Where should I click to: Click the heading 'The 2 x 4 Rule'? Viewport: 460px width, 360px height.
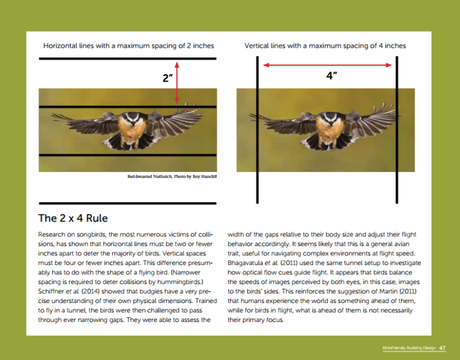73,219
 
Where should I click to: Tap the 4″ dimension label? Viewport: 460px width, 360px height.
331,75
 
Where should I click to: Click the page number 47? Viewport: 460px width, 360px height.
442,348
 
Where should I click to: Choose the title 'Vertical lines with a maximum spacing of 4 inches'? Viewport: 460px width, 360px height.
325,45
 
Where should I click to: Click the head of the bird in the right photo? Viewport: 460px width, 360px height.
331,118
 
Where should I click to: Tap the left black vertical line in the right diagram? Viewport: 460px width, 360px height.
257,129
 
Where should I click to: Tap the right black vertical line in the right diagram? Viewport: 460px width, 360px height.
396,129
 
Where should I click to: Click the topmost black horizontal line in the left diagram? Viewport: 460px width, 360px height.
128,59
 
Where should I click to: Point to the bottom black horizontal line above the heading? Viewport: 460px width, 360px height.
128,202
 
